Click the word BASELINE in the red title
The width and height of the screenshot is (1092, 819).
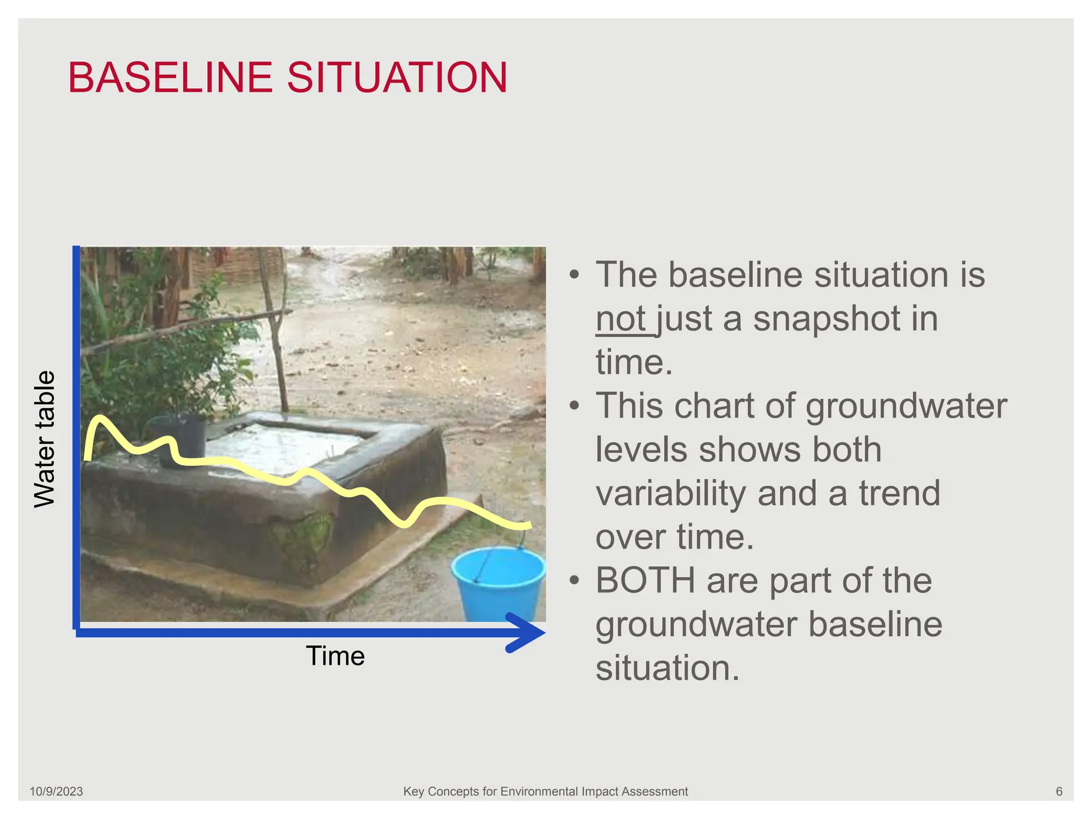170,78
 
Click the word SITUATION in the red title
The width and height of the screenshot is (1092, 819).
397,78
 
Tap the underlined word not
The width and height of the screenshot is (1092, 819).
621,319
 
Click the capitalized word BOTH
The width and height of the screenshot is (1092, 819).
645,581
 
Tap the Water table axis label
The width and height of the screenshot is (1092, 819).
45,439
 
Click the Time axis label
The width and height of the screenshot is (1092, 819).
335,656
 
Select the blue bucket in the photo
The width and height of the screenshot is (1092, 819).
499,584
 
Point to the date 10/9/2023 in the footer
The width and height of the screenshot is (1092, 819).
56,792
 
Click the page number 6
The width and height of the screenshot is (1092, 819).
1059,792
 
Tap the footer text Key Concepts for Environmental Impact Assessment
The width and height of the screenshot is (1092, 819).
545,792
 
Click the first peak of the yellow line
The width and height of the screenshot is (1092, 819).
99,418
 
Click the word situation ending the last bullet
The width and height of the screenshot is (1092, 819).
668,668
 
